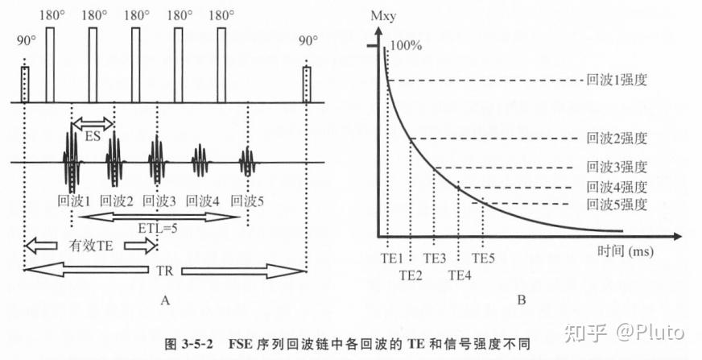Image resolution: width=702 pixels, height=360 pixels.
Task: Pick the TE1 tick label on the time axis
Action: pos(392,259)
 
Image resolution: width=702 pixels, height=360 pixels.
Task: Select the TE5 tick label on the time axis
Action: pos(484,259)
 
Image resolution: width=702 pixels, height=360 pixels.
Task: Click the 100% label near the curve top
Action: pos(407,47)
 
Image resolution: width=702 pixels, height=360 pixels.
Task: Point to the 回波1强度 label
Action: pos(617,81)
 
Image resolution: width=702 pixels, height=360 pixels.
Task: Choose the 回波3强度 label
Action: pos(617,168)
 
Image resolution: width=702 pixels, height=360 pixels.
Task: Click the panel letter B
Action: pos(521,302)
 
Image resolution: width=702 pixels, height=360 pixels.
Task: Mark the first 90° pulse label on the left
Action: pos(25,40)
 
